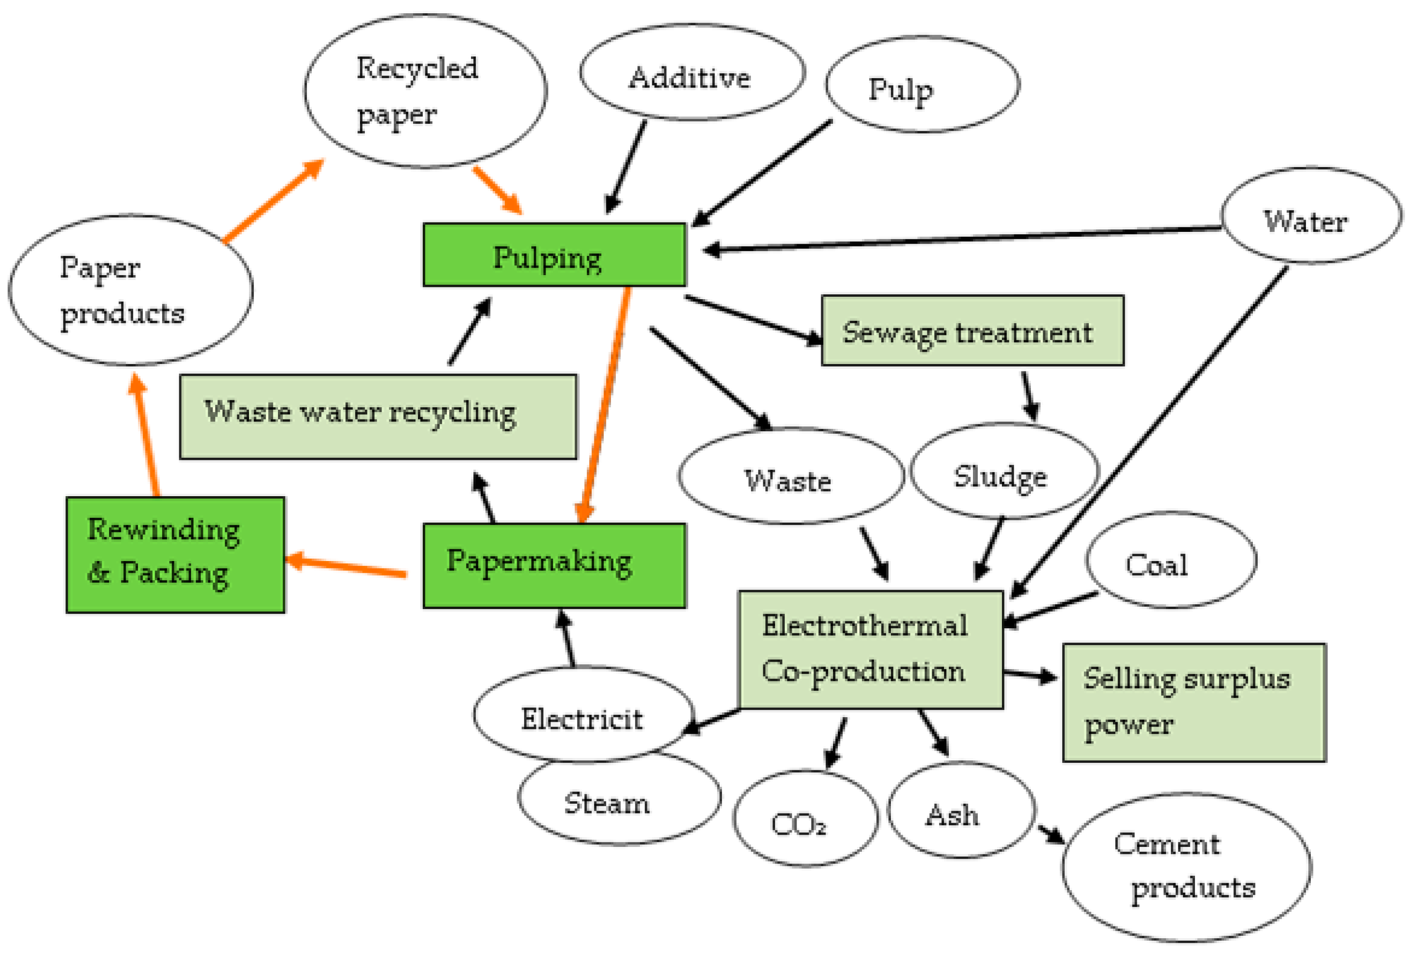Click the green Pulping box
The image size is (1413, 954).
tap(554, 255)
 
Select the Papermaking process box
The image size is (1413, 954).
tap(554, 565)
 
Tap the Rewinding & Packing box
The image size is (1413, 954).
tap(175, 555)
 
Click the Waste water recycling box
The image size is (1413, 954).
tap(378, 417)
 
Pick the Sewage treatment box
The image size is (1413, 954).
tap(972, 331)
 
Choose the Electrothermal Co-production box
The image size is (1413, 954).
tap(870, 649)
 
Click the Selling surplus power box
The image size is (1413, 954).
tap(1193, 702)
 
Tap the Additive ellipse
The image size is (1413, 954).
tap(692, 72)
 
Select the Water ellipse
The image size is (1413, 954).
tap(1311, 215)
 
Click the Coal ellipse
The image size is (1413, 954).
tap(1170, 560)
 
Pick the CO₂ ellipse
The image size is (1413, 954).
tap(805, 818)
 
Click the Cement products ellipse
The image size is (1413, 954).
tap(1186, 867)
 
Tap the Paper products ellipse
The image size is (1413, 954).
tap(130, 290)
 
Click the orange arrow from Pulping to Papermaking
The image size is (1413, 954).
tap(606, 404)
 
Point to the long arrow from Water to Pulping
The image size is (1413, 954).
tap(961, 239)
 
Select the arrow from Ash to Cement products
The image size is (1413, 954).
tap(1051, 834)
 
